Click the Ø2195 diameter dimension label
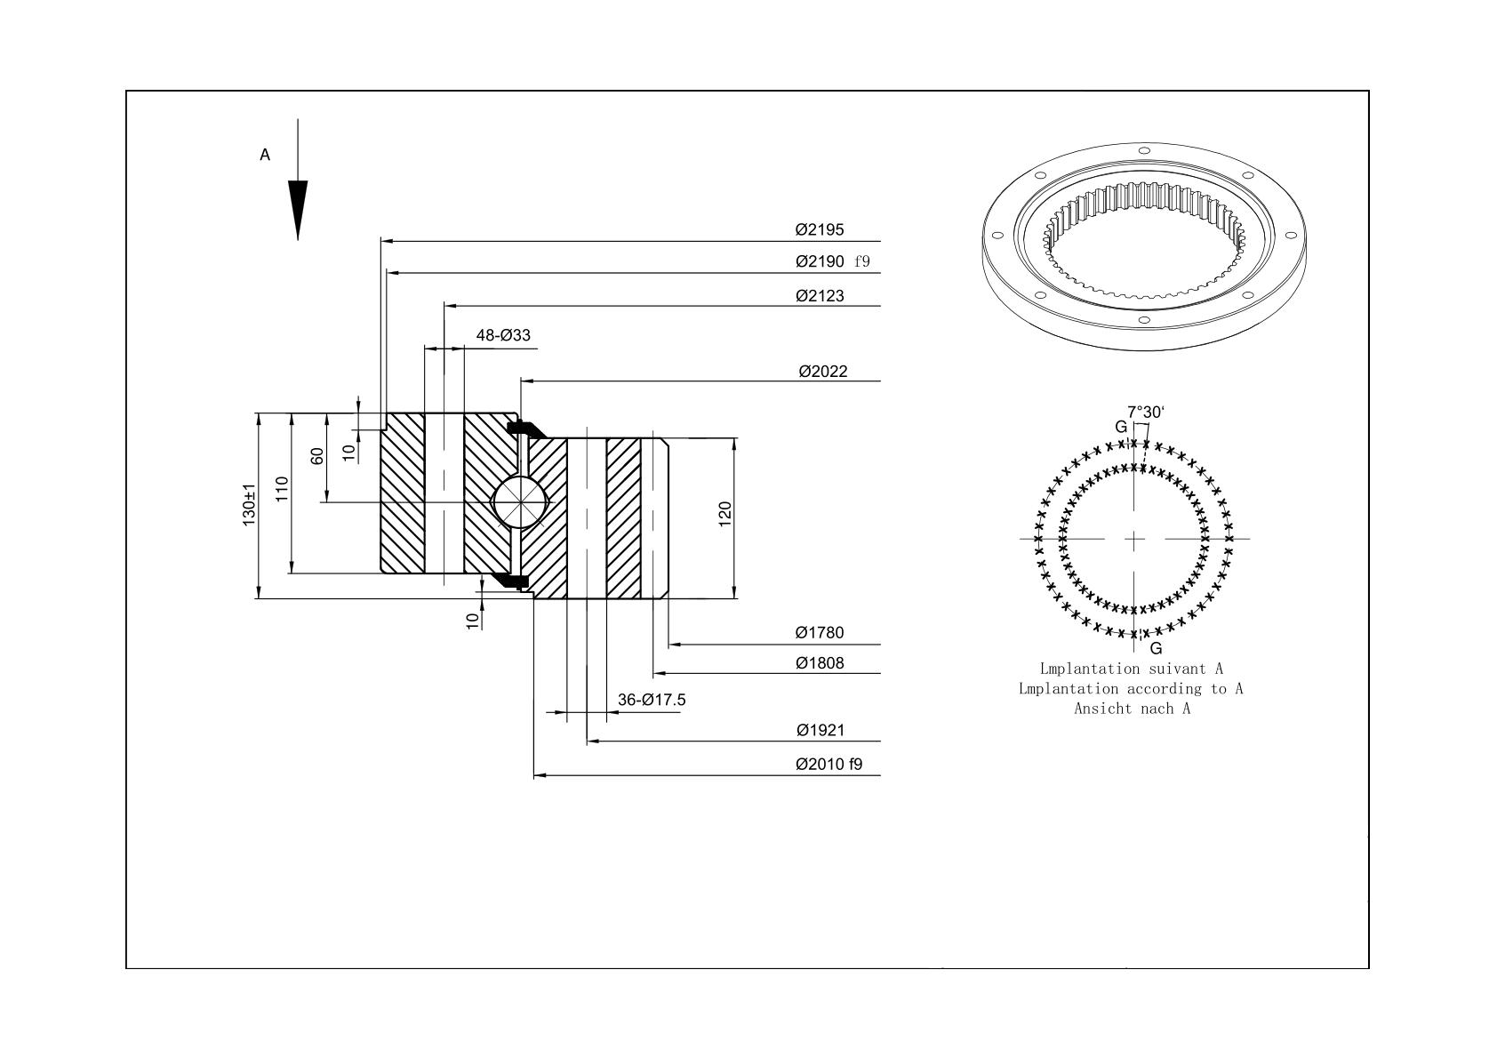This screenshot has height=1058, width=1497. [820, 230]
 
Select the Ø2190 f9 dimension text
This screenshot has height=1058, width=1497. [833, 261]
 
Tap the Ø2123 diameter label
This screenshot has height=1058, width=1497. [820, 295]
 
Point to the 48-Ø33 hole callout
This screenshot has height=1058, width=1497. [503, 335]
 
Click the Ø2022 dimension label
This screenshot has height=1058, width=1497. [822, 371]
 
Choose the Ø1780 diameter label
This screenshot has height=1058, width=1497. [820, 632]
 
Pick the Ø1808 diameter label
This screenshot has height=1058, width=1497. [820, 663]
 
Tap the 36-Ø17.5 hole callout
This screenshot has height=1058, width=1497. [652, 700]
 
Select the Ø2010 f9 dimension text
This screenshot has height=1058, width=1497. [829, 764]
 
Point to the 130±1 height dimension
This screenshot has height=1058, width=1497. [249, 505]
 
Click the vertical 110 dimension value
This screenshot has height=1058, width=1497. [282, 489]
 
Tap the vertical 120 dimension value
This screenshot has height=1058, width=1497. [725, 514]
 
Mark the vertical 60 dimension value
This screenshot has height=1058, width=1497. [316, 456]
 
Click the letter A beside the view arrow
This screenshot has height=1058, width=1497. [265, 155]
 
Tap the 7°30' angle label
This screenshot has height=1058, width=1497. [1146, 413]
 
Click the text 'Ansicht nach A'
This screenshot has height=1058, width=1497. [1133, 709]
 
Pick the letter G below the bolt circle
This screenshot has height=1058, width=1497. [1156, 648]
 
